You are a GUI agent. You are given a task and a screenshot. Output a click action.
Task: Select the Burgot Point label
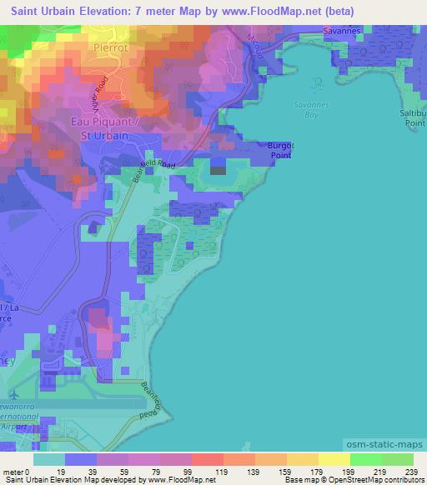280,149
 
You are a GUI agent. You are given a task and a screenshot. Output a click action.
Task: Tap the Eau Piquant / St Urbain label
98,128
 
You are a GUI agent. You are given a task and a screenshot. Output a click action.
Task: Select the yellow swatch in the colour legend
334,458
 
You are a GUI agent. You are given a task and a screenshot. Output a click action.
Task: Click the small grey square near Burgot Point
218,170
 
